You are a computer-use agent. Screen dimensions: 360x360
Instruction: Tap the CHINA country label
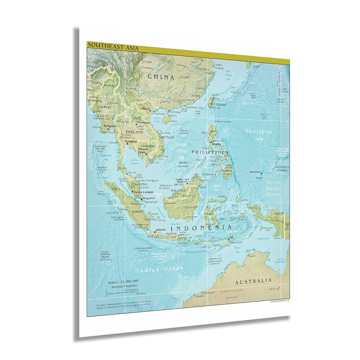tap(160, 77)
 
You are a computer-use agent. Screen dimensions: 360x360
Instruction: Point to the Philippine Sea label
tap(259, 134)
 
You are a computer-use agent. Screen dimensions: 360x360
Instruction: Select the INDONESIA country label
tap(201, 228)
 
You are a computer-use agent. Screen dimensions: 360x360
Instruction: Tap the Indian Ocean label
tap(159, 268)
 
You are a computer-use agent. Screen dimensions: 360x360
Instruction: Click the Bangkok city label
tap(131, 141)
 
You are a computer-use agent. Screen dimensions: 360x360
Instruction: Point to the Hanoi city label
tap(145, 109)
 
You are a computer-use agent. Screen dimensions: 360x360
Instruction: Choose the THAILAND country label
tap(134, 132)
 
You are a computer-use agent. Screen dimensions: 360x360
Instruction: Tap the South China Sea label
tap(181, 151)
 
